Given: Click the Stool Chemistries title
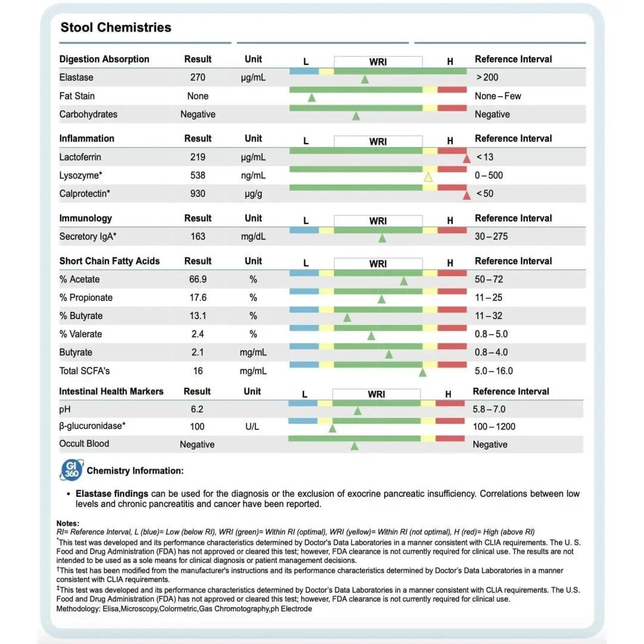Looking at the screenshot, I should [116, 27].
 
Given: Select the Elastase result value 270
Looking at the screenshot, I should [197, 78].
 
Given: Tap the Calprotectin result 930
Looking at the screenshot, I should [197, 193].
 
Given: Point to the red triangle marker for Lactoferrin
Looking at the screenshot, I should [466, 158].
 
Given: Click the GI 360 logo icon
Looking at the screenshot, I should [72, 470].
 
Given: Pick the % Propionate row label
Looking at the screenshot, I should [86, 298].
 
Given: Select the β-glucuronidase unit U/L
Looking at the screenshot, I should [253, 426].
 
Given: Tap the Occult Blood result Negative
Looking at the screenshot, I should [197, 444].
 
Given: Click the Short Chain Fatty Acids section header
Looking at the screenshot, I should [109, 261].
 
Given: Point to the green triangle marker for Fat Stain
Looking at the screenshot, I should [311, 98].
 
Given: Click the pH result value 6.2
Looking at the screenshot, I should [197, 409].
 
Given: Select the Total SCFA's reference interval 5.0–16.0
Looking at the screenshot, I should [494, 371].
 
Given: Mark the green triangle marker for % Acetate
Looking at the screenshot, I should [404, 281].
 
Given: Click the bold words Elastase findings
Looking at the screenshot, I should [112, 494].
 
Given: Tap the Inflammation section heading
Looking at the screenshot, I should [86, 138].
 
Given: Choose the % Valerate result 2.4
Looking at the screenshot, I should [197, 334].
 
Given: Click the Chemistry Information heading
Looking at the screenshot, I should [135, 470].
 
